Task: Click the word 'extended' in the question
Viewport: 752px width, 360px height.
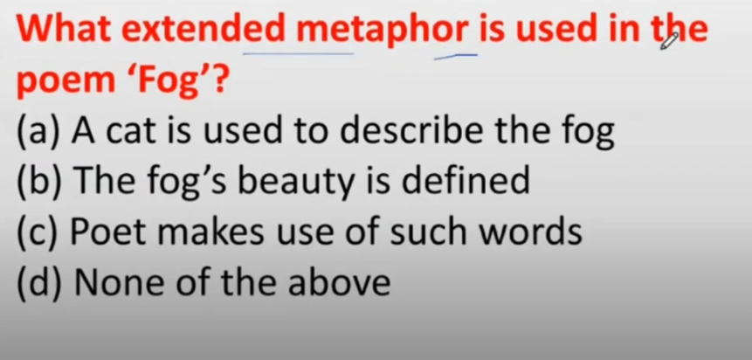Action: tap(204, 28)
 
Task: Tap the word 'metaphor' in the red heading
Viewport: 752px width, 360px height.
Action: tap(382, 31)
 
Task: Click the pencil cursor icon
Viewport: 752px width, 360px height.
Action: tap(669, 41)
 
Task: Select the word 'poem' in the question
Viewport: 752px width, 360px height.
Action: tap(66, 80)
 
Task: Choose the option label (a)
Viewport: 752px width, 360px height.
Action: tap(38, 130)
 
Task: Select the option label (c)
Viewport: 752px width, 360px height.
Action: tap(38, 232)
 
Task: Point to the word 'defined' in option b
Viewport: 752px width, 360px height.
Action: tap(466, 179)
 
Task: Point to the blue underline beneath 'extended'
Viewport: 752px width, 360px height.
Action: tap(299, 54)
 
